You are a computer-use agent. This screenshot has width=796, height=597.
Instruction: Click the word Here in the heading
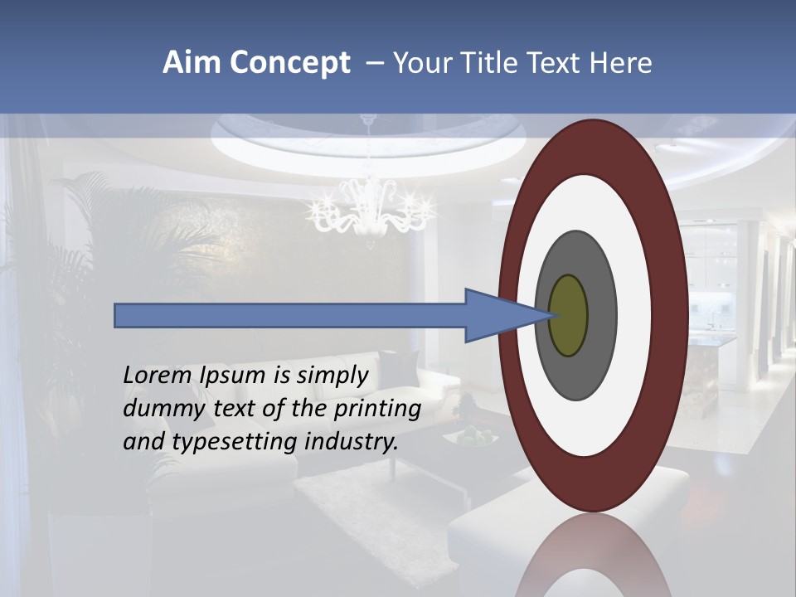[x=621, y=63]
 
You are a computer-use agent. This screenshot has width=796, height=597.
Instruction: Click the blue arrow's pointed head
[x=498, y=316]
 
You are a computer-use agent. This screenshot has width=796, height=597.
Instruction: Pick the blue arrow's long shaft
[x=290, y=316]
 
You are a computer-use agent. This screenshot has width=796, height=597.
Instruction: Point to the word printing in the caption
[x=378, y=410]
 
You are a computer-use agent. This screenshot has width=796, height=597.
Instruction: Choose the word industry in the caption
[x=352, y=442]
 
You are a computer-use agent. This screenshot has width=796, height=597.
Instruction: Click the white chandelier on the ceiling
[x=370, y=211]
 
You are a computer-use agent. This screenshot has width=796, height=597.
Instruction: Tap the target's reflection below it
[x=593, y=560]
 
